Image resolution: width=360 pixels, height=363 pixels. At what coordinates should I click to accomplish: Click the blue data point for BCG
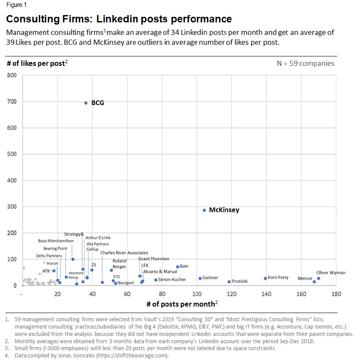86,103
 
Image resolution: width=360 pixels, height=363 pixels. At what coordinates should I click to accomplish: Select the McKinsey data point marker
204,210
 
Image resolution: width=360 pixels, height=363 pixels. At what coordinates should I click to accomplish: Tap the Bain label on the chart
184,266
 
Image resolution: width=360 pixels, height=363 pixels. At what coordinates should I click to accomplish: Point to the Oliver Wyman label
331,273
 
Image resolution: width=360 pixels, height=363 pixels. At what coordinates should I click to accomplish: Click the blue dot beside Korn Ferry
265,278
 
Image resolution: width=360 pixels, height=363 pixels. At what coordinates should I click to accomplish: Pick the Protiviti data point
229,282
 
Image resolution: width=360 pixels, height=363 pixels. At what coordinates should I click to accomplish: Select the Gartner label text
210,278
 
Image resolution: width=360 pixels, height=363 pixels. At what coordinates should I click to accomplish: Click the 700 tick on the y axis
12,102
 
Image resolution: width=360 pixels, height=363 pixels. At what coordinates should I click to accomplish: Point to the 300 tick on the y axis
12,207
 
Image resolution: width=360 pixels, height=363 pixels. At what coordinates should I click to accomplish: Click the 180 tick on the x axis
336,294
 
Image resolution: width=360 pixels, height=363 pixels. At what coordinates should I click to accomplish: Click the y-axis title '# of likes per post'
37,63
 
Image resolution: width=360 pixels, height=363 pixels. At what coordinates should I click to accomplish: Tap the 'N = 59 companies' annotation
305,63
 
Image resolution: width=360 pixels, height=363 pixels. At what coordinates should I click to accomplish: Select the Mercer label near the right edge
305,279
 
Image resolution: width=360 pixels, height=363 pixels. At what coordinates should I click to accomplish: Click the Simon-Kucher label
172,279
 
